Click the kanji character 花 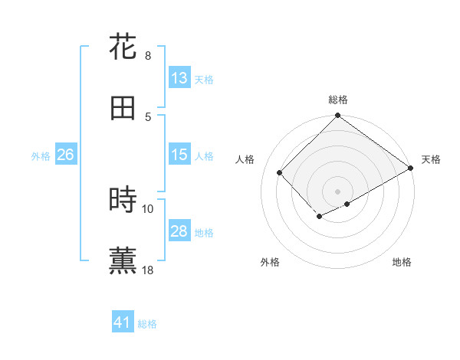click(123, 47)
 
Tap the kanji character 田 click(123, 108)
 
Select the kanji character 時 click(123, 200)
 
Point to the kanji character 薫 click(123, 261)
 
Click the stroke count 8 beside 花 click(147, 56)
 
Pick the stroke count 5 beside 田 click(147, 116)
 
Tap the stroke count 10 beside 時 click(148, 208)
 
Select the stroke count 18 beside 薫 click(148, 270)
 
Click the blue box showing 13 click(179, 78)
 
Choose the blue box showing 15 click(179, 155)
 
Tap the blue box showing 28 click(179, 231)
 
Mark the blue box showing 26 click(65, 155)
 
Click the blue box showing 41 click(123, 322)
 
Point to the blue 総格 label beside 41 click(147, 324)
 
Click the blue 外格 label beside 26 click(41, 156)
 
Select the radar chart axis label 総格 click(338, 100)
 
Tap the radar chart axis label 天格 click(431, 159)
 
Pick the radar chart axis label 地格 click(402, 262)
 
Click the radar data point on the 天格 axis click(412, 169)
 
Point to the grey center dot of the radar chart click(337, 191)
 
